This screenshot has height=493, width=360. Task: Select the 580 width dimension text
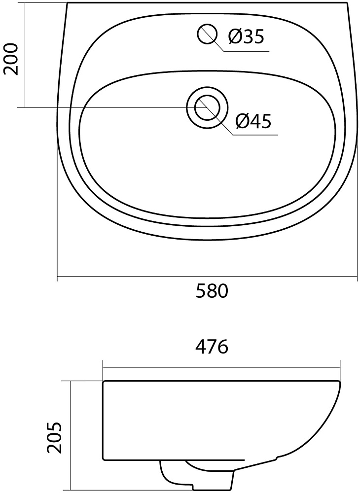point(212,291)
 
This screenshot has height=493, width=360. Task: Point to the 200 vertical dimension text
point(11,59)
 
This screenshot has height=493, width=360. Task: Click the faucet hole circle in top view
point(207,34)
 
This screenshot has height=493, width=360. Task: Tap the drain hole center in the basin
point(207,107)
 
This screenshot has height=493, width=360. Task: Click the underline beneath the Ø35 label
point(247,51)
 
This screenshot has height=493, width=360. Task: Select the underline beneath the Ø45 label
point(255,135)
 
